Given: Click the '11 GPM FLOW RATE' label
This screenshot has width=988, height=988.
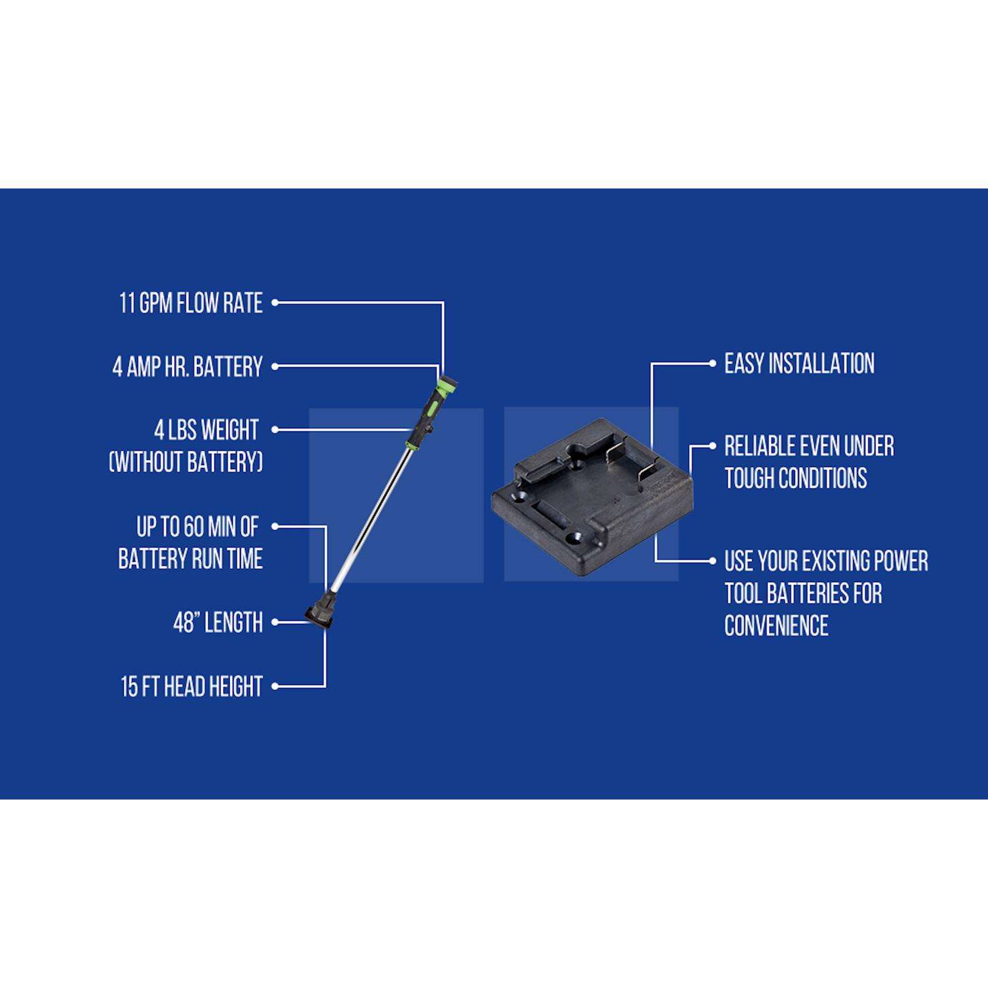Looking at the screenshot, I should (x=191, y=303).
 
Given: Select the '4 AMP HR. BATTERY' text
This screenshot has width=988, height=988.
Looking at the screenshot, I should (x=188, y=367).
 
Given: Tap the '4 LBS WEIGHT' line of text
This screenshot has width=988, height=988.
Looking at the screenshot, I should (x=206, y=430).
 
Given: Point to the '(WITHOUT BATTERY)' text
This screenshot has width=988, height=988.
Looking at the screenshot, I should (x=186, y=462).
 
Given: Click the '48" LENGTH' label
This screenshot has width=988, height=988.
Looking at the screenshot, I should (x=218, y=622).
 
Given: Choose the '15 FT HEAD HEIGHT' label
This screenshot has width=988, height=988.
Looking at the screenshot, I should (x=192, y=686).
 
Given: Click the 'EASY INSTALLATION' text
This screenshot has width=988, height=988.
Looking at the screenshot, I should (x=799, y=364).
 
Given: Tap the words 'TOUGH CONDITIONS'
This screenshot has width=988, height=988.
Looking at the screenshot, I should (x=796, y=478).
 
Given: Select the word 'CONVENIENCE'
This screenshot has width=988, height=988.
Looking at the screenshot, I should (x=776, y=625).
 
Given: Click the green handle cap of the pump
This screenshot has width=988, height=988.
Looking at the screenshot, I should (x=448, y=384).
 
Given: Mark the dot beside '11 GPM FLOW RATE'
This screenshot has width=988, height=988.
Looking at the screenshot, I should (x=275, y=303).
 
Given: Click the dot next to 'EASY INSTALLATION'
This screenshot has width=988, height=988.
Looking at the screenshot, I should (x=712, y=363).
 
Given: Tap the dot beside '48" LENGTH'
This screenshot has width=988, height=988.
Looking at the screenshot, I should (x=275, y=622).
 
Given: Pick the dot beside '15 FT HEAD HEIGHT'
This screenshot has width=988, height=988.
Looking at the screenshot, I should (x=275, y=686).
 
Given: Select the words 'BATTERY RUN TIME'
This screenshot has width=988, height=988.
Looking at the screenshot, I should (x=190, y=559).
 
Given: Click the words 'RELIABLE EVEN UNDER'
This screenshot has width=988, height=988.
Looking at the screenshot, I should (x=809, y=446).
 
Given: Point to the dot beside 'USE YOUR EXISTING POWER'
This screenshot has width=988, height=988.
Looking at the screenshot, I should (x=712, y=561).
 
